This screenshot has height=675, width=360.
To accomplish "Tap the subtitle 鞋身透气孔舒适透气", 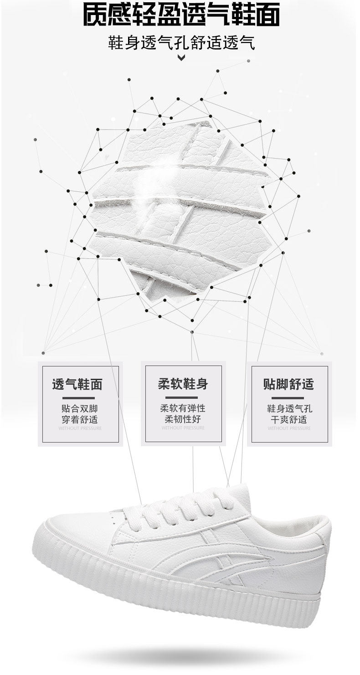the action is [181, 44].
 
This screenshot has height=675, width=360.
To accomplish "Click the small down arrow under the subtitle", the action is [181, 57].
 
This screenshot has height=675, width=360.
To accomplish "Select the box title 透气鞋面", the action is [77, 384].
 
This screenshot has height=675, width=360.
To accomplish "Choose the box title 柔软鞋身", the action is [183, 384].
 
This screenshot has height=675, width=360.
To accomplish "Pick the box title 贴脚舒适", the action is [288, 384].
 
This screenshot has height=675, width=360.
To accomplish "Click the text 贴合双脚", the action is [80, 408].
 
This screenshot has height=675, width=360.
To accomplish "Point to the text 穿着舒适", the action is [80, 419].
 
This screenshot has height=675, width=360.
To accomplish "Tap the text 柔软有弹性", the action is [183, 408].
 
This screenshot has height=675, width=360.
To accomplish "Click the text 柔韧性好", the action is [183, 419].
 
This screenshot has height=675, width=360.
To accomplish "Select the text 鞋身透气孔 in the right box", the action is [289, 408].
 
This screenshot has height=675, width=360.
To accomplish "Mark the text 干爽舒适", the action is [289, 419].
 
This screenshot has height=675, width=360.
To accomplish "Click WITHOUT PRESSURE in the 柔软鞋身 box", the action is [183, 428].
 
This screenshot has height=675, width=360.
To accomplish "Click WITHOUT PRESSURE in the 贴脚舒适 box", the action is [289, 428].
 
